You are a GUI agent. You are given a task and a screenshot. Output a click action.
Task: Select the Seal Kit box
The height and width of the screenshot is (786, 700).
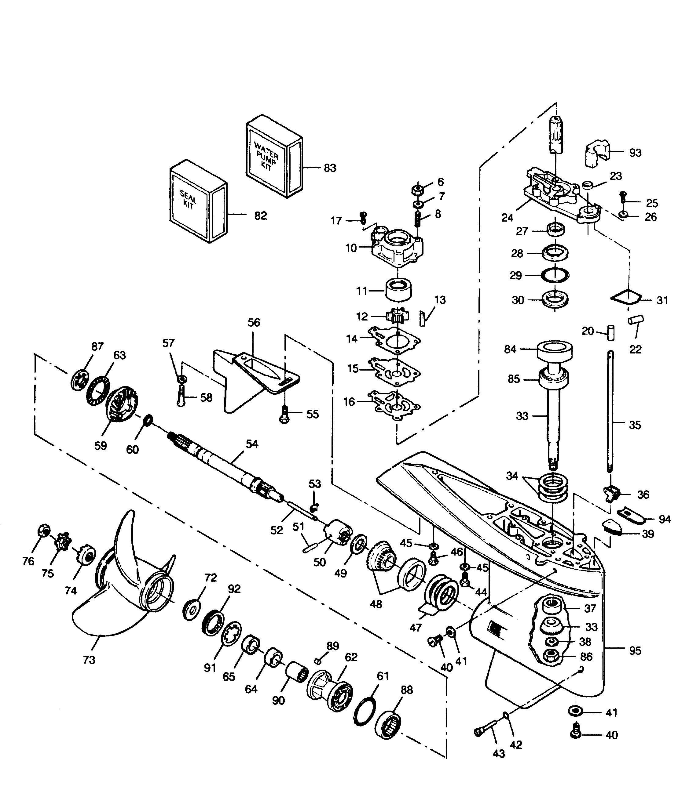pyautogui.click(x=198, y=204)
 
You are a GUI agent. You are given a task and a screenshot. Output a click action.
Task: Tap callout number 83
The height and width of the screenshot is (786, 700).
pyautogui.click(x=330, y=168)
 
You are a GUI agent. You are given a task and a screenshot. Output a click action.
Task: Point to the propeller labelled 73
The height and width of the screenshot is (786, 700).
pyautogui.click(x=123, y=585)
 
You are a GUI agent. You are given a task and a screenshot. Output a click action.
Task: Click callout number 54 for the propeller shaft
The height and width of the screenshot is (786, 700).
pyautogui.click(x=252, y=444)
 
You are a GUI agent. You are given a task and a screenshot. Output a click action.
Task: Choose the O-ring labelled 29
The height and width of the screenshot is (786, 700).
pyautogui.click(x=555, y=275)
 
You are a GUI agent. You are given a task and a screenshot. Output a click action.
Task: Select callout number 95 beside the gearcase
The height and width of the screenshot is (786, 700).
pyautogui.click(x=635, y=651)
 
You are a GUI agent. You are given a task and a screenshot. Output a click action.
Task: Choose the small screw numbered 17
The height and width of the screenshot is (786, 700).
pyautogui.click(x=361, y=217)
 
